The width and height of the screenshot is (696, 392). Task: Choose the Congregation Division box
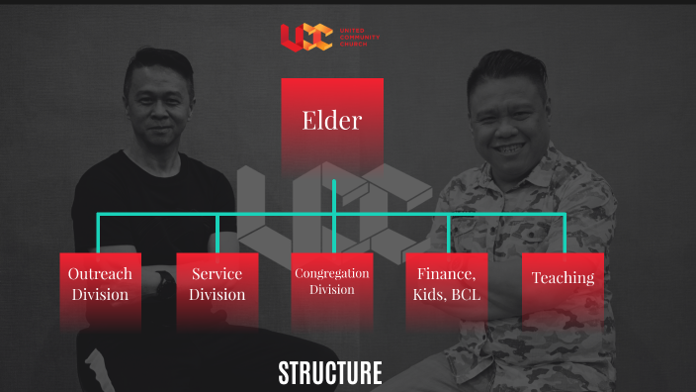[332, 286]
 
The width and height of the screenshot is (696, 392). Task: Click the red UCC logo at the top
[304, 38]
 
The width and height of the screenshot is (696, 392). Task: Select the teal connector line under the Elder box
[334, 196]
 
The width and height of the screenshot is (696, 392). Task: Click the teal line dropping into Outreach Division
[98, 234]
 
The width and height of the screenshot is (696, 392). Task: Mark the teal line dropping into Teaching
[565, 234]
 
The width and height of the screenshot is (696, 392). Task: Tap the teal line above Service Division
[217, 234]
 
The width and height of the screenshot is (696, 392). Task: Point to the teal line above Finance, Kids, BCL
[448, 234]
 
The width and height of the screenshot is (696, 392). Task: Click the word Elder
[332, 122]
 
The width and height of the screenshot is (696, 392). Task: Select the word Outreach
[100, 274]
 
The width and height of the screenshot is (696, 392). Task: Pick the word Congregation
[332, 273]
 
